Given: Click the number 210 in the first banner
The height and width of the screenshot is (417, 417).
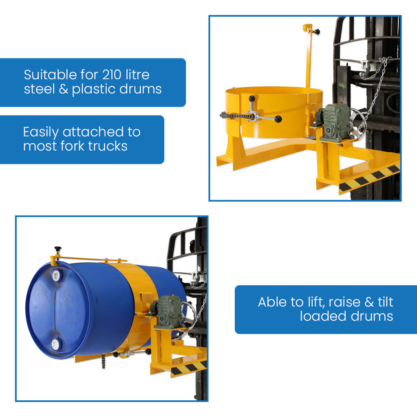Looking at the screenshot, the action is [x=112, y=75].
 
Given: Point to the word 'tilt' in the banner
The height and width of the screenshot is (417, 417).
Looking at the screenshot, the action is [x=385, y=302].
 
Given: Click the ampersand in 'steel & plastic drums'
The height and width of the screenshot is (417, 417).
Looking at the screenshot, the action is [x=63, y=89].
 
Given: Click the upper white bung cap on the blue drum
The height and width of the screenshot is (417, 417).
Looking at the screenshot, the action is [x=57, y=276].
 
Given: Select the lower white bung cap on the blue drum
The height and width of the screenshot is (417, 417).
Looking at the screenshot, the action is [x=55, y=344].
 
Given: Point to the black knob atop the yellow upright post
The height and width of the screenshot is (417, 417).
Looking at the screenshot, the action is [x=317, y=32].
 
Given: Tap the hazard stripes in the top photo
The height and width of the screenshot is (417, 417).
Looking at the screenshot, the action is [x=369, y=178].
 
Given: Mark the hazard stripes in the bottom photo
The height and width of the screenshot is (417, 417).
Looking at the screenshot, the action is [x=189, y=368].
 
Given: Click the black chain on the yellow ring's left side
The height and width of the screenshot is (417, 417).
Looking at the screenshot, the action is [x=235, y=116].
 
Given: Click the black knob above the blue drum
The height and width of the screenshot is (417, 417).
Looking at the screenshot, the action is [x=58, y=249].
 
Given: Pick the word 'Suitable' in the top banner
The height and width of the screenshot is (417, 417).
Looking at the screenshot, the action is [x=50, y=75].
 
